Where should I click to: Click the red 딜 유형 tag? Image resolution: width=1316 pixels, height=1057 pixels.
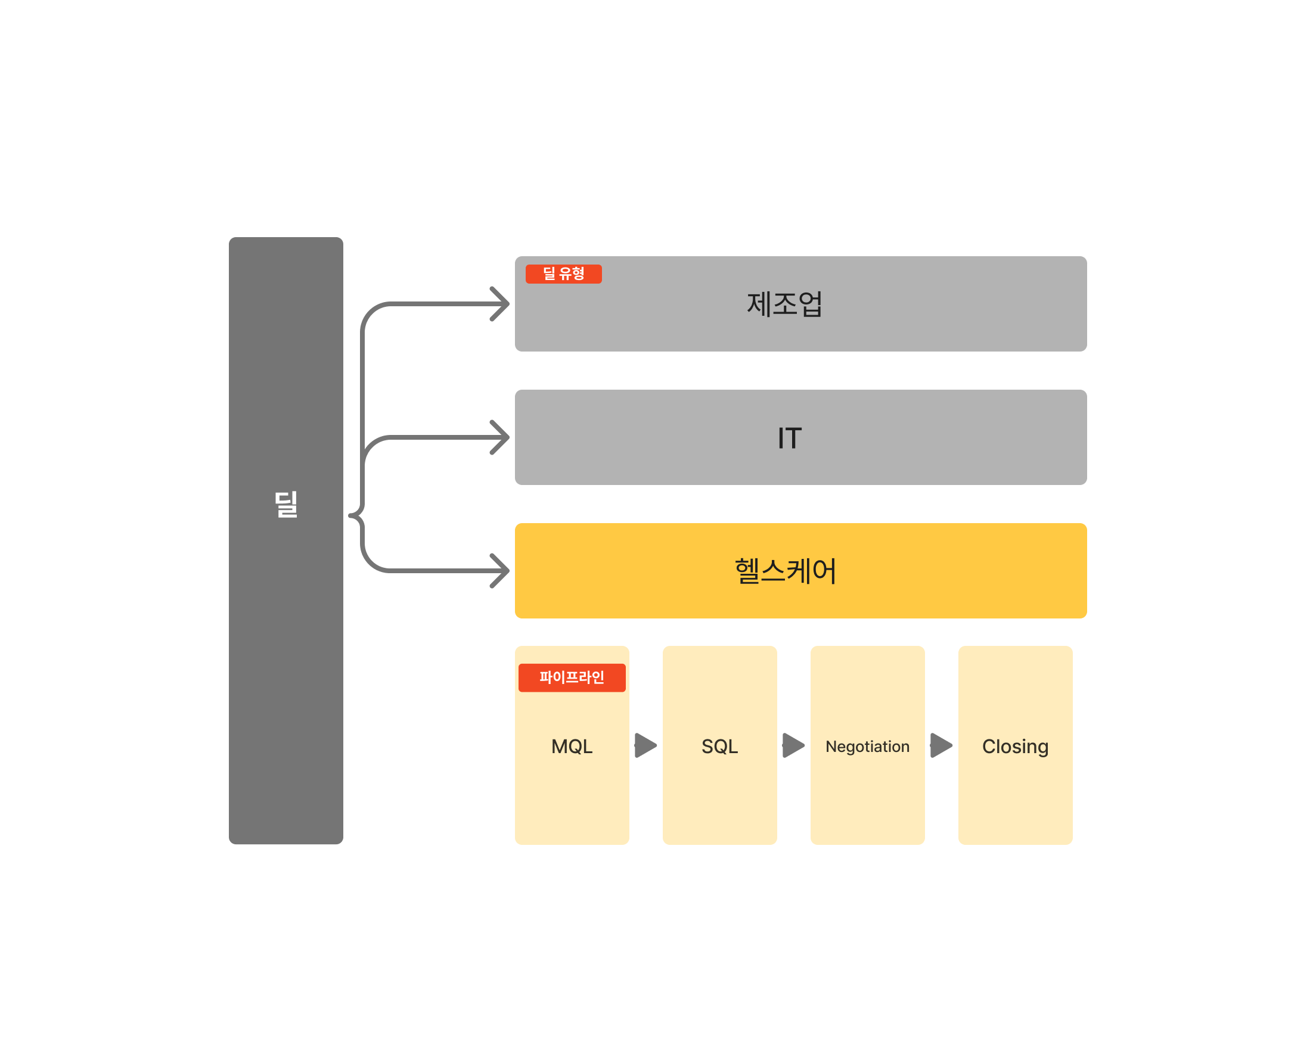[x=563, y=274]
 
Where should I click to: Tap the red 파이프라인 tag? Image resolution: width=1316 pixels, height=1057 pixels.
[x=572, y=677]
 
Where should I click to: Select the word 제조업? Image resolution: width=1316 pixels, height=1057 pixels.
[x=784, y=304]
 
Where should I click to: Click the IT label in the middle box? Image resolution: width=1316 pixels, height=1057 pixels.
[x=789, y=438]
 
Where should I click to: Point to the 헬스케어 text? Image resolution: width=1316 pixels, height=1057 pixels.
[x=785, y=571]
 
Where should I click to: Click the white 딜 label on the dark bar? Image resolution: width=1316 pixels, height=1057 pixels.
[x=285, y=505]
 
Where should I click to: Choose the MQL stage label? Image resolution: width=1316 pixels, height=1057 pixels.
[x=572, y=747]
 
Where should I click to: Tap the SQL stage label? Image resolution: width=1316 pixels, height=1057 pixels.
[x=719, y=747]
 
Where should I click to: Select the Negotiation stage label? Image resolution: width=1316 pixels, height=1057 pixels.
[x=867, y=747]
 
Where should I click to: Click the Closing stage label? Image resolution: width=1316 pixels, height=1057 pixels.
[x=1015, y=747]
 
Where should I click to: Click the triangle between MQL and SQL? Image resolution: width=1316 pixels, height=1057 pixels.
[x=645, y=745]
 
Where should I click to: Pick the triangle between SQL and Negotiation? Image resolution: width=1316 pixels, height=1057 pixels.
[x=793, y=745]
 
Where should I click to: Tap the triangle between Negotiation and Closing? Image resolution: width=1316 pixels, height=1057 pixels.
[x=941, y=745]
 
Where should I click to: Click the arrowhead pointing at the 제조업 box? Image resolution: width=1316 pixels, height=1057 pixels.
[x=502, y=304]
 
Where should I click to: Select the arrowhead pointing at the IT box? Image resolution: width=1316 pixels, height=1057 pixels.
[x=502, y=437]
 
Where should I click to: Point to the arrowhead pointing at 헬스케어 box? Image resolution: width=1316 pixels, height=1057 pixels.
[x=502, y=571]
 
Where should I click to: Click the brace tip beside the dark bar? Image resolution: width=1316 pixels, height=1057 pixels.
[x=352, y=515]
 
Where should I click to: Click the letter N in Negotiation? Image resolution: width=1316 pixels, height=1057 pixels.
[x=830, y=747]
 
